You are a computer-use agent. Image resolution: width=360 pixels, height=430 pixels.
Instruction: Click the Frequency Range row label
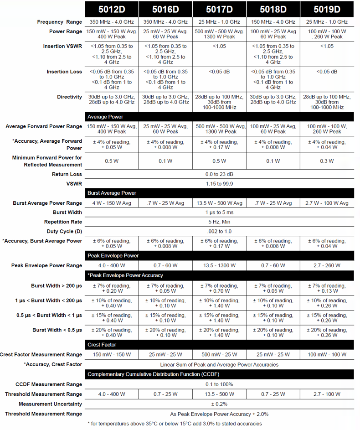(60, 22)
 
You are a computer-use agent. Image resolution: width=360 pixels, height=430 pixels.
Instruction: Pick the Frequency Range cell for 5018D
(273, 22)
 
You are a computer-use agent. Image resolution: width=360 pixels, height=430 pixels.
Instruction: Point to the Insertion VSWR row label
(63, 47)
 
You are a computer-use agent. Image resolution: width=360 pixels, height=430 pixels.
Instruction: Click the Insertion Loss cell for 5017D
(219, 72)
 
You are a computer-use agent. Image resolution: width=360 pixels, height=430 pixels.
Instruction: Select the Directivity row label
(69, 97)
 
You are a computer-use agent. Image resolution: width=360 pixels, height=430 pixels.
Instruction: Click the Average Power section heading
(105, 117)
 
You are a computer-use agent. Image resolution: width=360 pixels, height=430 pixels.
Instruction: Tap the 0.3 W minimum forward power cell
(327, 161)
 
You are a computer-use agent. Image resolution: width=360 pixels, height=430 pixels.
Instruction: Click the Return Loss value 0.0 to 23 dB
(219, 174)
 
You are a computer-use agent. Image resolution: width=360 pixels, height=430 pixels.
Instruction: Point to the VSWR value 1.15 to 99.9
(219, 184)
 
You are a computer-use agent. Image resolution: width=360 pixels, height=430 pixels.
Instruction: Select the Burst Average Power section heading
(112, 193)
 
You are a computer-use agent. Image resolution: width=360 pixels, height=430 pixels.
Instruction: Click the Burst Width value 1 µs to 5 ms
(219, 212)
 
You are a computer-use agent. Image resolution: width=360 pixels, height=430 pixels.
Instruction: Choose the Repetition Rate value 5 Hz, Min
(219, 222)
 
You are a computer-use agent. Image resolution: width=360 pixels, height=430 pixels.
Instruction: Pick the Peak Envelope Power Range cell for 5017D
(219, 265)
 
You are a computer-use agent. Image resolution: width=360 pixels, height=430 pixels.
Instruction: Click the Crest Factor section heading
(102, 345)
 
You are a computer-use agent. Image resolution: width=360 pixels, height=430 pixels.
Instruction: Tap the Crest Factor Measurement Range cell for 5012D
(112, 355)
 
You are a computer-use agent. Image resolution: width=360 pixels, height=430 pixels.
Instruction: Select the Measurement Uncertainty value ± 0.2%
(219, 404)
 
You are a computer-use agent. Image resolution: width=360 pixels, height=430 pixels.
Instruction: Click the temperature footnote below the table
(175, 424)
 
